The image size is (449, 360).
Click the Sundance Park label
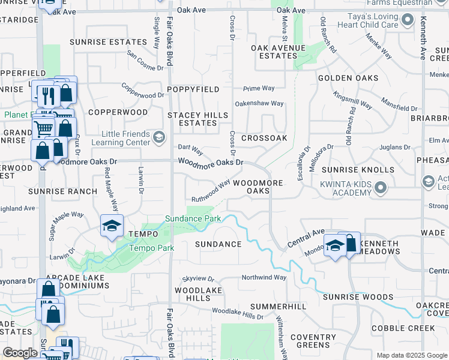pos(194,218)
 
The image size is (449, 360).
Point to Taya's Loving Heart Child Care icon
pos(408,20)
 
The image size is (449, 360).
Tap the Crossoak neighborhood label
pos(264,138)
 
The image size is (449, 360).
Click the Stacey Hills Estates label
pos(197,119)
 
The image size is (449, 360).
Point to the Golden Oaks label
pos(348,78)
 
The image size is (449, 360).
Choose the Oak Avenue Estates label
pos(279,52)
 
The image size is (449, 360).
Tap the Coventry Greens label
pos(313,341)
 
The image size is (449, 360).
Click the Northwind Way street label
pos(264,278)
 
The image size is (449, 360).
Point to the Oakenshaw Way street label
pos(259,103)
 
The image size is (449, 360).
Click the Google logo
pos(20,353)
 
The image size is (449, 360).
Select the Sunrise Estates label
pos(108,42)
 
